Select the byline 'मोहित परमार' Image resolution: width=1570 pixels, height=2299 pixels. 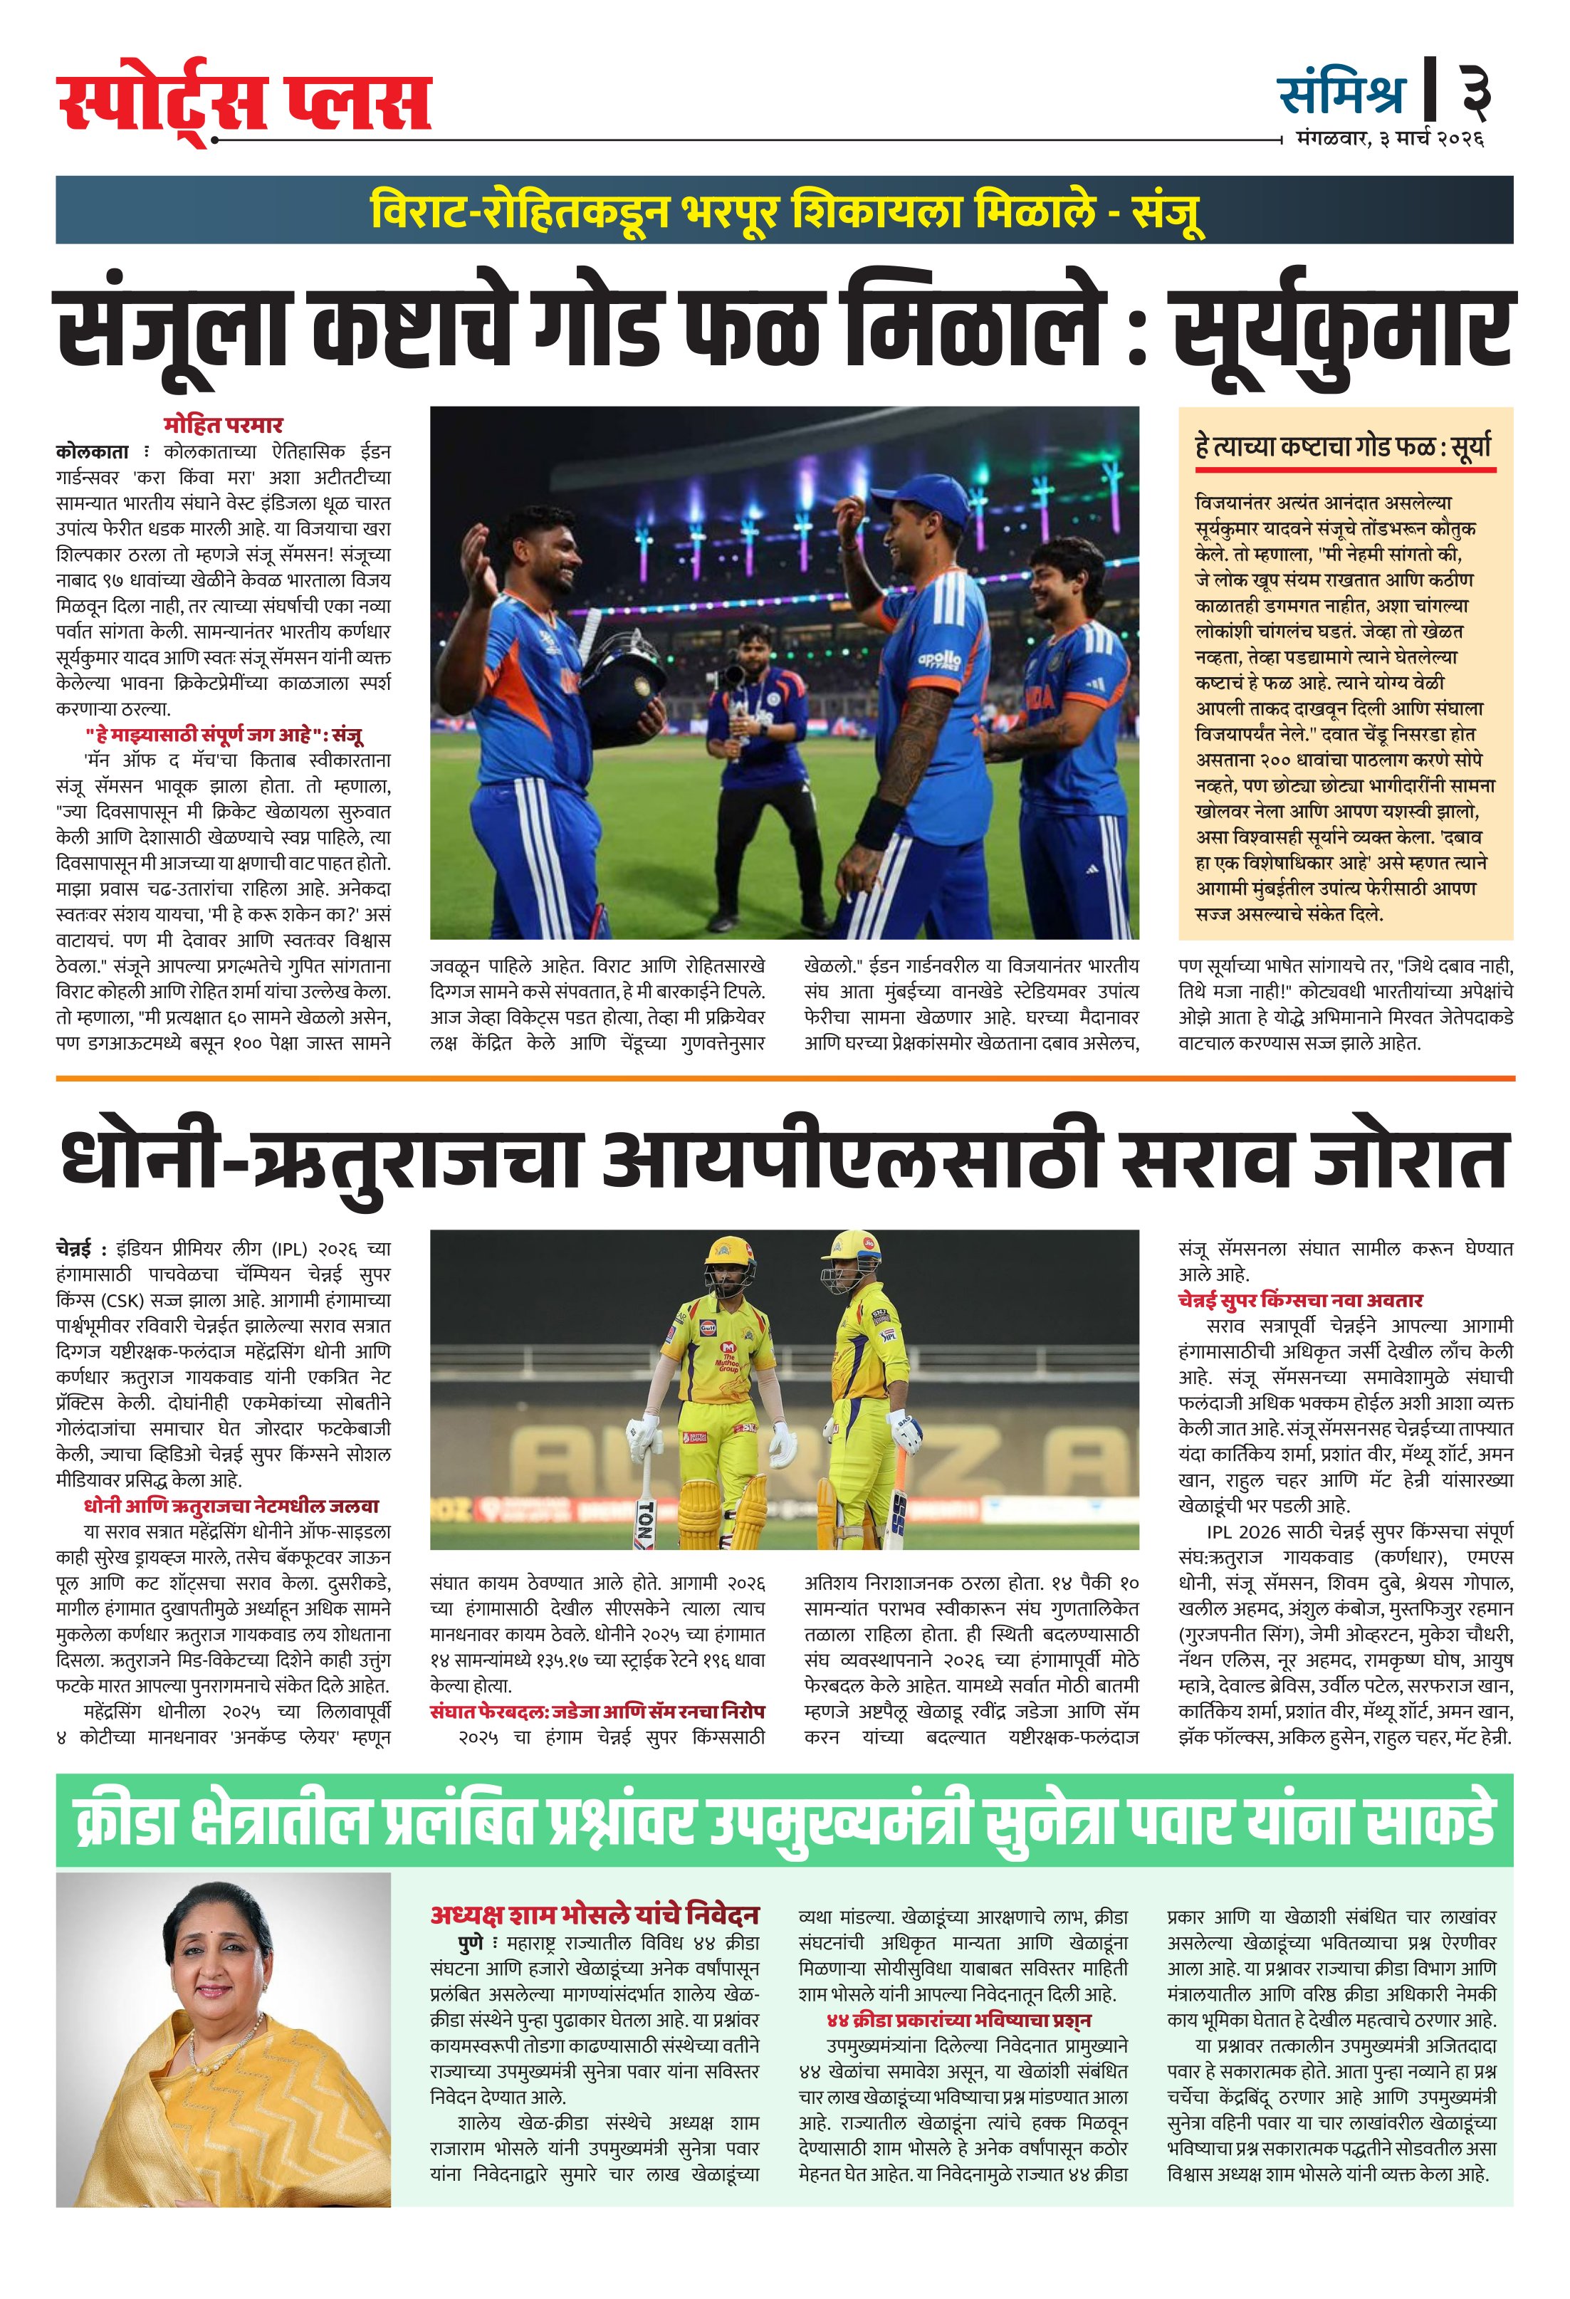click(224, 425)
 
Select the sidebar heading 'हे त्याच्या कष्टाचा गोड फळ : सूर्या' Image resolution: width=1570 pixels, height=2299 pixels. click(1342, 448)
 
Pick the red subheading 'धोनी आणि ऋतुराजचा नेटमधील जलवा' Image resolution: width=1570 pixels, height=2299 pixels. click(231, 1507)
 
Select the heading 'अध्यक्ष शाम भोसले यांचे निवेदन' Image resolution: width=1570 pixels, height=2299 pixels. click(594, 1915)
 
